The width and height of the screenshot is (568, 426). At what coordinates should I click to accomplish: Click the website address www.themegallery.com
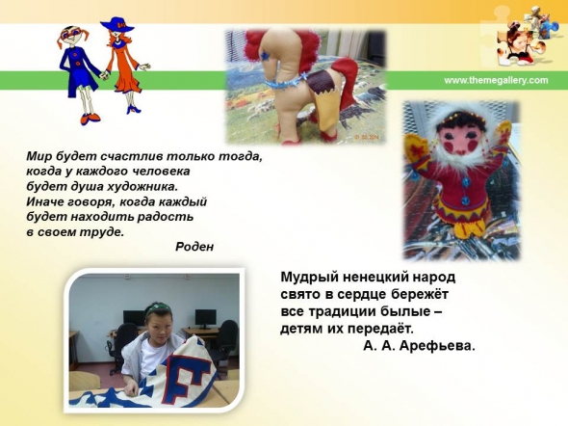click(x=496, y=80)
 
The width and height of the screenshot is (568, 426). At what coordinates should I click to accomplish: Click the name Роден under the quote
click(x=194, y=247)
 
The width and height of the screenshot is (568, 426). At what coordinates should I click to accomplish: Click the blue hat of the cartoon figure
click(x=117, y=24)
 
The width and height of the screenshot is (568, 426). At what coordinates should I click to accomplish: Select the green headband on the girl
click(x=158, y=308)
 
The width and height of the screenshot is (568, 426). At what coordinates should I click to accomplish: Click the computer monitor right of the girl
click(x=205, y=318)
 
